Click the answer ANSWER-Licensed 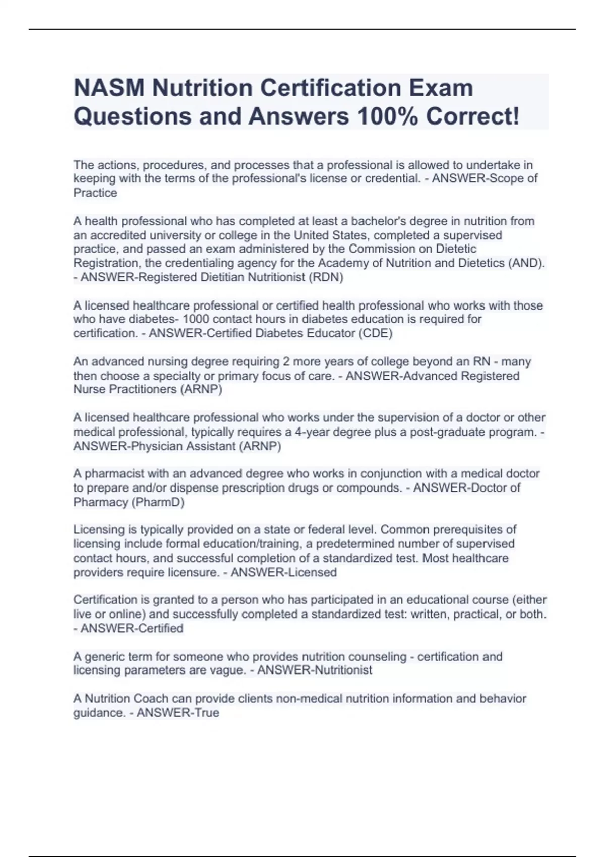pyautogui.click(x=284, y=573)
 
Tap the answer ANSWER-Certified pyautogui.click(x=132, y=629)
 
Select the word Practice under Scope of pyautogui.click(x=95, y=193)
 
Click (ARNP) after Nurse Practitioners pyautogui.click(x=201, y=390)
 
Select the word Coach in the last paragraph pyautogui.click(x=151, y=699)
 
